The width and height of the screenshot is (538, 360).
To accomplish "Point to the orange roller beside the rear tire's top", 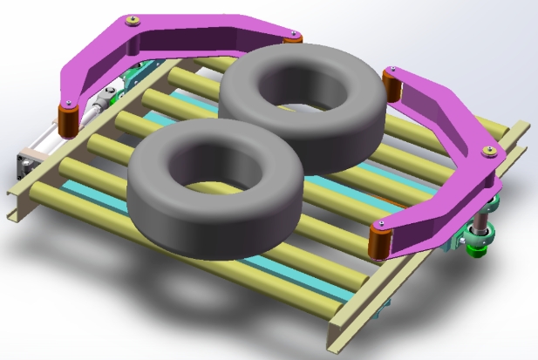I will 295,39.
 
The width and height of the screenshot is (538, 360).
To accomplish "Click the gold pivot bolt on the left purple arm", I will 132,20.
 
